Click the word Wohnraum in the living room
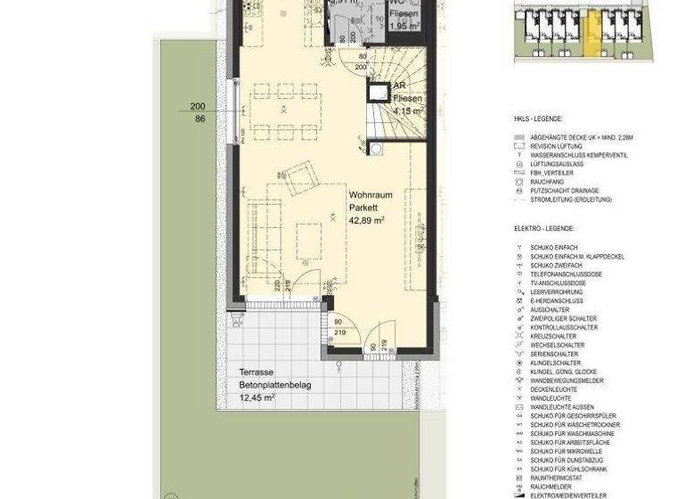click(366, 192)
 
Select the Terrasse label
click(256, 372)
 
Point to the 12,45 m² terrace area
click(256, 397)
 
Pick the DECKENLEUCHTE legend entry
click(555, 389)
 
